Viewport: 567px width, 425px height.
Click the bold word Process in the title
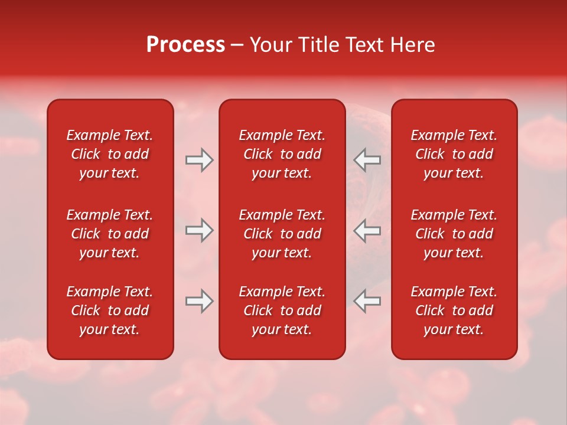tap(185, 45)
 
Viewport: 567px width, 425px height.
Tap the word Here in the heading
tap(412, 45)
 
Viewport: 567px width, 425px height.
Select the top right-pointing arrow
tap(200, 160)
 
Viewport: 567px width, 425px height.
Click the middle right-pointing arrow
tap(200, 230)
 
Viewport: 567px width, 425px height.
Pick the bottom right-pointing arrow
tap(200, 301)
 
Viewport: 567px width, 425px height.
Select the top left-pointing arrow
tap(367, 160)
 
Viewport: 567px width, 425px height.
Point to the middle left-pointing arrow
tap(367, 230)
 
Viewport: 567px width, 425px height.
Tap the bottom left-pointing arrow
tap(367, 301)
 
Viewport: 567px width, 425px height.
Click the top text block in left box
tap(110, 154)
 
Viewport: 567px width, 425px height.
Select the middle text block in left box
tap(110, 234)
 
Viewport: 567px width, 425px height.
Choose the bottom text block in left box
tap(110, 310)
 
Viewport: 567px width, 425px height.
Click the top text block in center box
tap(282, 154)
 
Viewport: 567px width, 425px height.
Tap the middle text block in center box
tap(282, 234)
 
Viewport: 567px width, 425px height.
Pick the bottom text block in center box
tap(282, 310)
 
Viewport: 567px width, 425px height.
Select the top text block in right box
tap(454, 154)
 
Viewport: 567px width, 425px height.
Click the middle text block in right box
tap(454, 234)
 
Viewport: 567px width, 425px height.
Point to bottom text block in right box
tap(454, 310)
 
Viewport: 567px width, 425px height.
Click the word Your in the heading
tap(271, 45)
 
